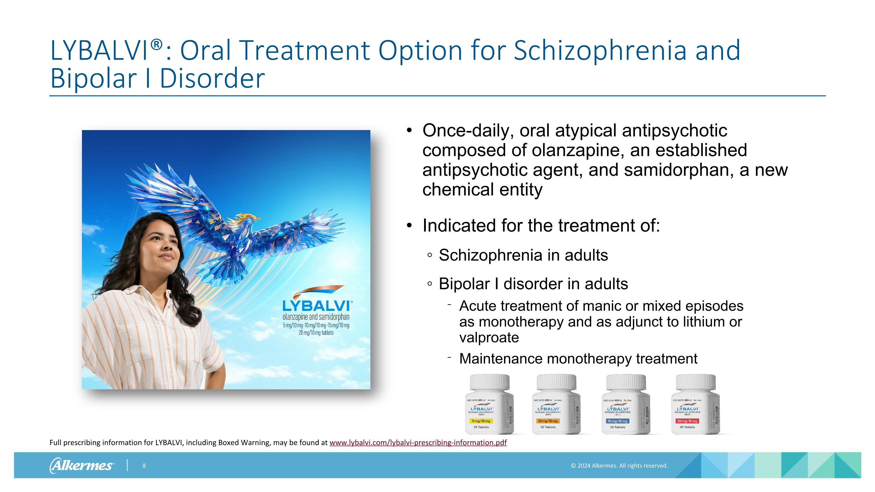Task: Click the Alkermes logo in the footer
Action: [82, 465]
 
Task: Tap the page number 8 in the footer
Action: [144, 465]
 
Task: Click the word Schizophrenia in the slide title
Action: [600, 50]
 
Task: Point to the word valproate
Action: [489, 337]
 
